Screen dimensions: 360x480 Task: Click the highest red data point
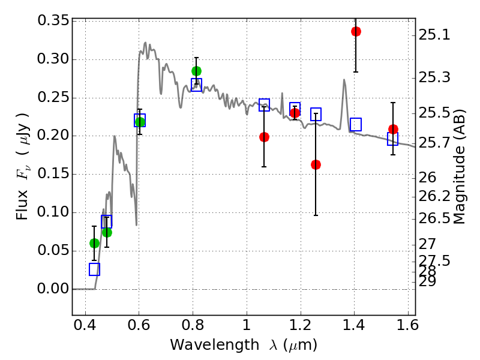356,31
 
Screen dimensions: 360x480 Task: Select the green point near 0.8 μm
196,71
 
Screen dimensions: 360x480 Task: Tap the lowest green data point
94,243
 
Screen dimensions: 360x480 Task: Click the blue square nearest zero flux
94,269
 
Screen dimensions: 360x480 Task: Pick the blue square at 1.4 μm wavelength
356,124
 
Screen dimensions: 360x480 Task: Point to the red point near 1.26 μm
316,164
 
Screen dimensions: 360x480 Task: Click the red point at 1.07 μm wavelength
264,137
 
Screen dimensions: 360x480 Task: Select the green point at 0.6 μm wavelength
140,122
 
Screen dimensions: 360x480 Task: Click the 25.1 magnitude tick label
434,35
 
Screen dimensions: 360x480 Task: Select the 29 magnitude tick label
428,281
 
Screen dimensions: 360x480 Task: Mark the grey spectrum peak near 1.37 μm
344,79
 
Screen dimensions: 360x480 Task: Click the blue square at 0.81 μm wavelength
196,85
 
